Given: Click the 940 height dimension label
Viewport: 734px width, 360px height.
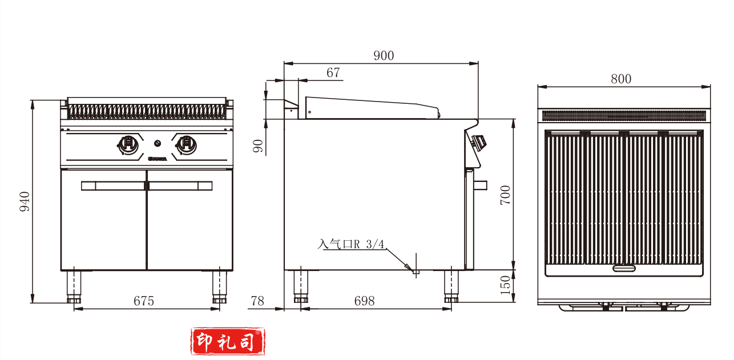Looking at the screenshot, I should [25, 202].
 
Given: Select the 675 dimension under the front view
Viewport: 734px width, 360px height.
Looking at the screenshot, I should [144, 301].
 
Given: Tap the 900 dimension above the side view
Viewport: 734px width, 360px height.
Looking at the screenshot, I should [384, 55].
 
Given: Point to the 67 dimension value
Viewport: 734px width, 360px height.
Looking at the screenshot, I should [333, 72].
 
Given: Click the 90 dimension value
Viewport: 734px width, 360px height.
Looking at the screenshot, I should [257, 146].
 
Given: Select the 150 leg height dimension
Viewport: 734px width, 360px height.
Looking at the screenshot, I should [505, 285].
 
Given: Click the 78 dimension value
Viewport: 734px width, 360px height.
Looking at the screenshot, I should [257, 301].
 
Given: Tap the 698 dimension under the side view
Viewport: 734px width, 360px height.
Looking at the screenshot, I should [364, 301].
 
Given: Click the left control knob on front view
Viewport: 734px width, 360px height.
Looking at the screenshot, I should [128, 144].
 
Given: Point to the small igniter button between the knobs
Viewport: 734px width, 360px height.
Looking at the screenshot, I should [158, 143].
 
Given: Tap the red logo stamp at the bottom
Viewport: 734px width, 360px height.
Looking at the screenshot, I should [228, 341].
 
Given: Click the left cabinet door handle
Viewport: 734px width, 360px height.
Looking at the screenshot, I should [113, 185].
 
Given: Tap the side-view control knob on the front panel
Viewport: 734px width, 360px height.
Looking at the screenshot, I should [480, 140].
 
